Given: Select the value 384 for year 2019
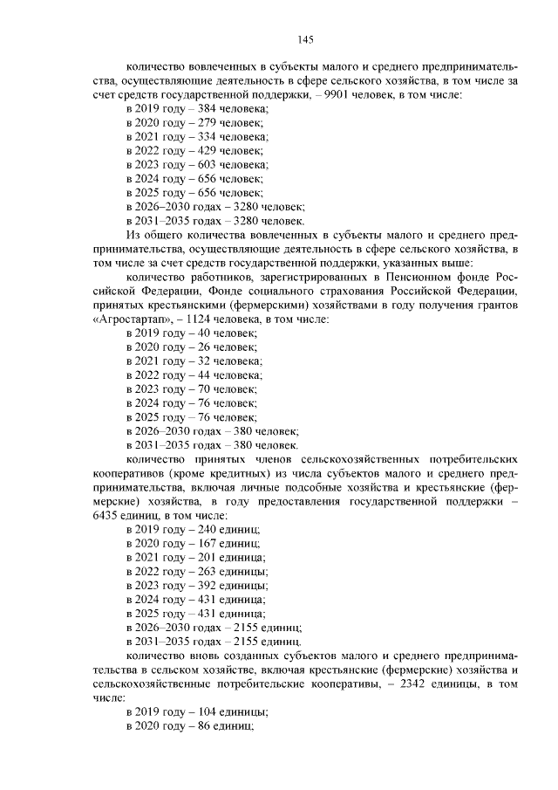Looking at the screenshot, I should (x=207, y=108).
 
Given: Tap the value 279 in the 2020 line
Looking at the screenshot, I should (x=207, y=122).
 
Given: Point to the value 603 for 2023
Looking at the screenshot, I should (x=207, y=164).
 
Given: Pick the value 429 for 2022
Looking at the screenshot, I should (x=207, y=150).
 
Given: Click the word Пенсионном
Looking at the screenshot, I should (x=394, y=277).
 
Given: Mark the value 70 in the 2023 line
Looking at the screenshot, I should (x=203, y=388).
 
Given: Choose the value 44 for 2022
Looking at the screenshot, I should (x=203, y=374).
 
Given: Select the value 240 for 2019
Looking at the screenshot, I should (x=207, y=529).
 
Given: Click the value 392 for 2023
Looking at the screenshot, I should (x=207, y=585).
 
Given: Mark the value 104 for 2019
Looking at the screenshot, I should (x=207, y=711).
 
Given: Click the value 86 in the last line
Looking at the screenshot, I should (x=203, y=725).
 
